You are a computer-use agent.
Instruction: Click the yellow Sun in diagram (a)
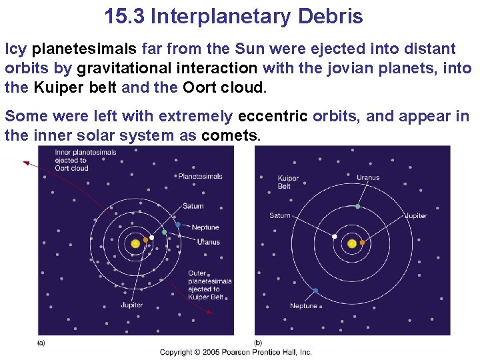point(135,244)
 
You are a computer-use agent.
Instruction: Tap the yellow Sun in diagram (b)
point(352,243)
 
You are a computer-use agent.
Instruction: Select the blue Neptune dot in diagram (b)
point(315,291)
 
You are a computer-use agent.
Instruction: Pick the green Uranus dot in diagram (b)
point(358,207)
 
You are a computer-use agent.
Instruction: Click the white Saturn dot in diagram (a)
point(152,237)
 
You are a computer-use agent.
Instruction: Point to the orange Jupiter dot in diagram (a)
point(145,240)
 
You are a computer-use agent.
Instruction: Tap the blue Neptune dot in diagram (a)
point(177,224)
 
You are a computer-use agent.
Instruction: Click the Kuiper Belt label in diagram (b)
point(288,182)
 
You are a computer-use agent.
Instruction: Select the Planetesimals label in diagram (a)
point(200,177)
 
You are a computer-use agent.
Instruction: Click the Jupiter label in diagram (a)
point(131,305)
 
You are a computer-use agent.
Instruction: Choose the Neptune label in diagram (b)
point(303,306)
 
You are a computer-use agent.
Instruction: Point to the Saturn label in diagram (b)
point(280,215)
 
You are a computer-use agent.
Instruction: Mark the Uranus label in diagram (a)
point(208,242)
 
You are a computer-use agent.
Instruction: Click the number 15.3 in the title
point(125,16)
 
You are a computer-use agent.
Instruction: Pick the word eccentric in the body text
point(273,117)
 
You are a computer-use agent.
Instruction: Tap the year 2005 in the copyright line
point(211,352)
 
